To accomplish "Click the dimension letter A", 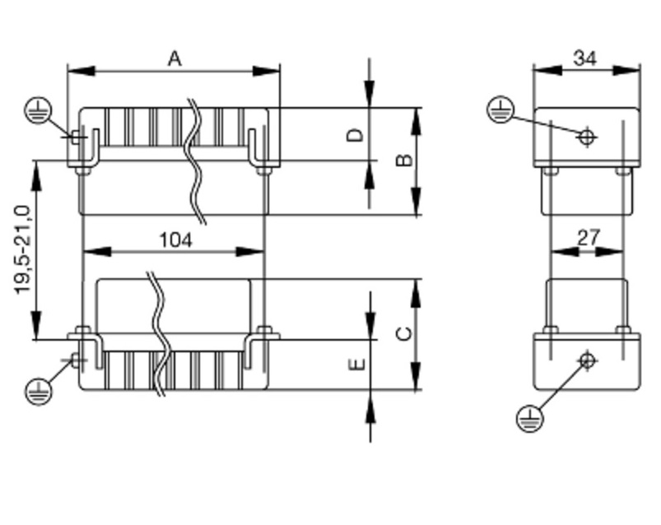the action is pos(175,59).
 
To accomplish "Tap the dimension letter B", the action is pos(405,160).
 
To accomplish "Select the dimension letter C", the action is pos(405,334).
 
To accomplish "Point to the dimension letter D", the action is pos(355,135).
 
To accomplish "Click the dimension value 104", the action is pos(176,240).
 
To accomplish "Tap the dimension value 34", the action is pos(585,58).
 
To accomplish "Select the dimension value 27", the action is pos(588,238).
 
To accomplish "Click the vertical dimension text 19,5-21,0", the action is pos(23,250).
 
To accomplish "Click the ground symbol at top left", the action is pos(38,111).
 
